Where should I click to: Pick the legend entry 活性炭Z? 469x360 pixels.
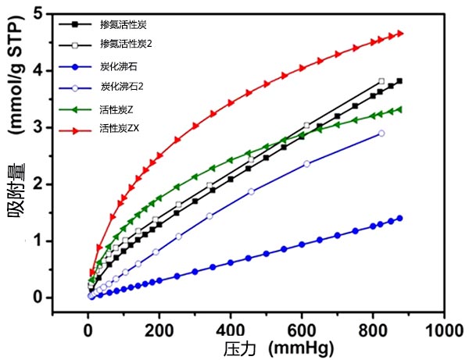[x=119, y=105]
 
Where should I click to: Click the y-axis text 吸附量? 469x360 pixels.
[x=21, y=211]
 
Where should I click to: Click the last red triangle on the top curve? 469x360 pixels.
[x=400, y=34]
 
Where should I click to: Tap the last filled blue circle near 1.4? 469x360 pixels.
[x=400, y=218]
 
